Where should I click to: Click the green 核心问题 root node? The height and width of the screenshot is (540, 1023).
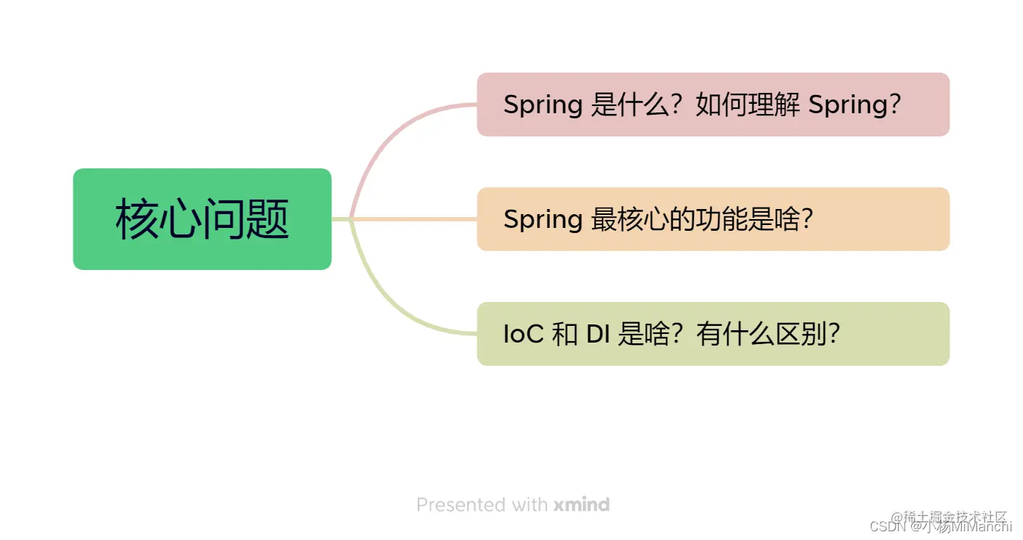pyautogui.click(x=202, y=219)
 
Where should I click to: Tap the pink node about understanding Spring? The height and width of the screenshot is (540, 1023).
pyautogui.click(x=713, y=105)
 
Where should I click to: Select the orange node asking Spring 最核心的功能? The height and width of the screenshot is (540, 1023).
pyautogui.click(x=713, y=219)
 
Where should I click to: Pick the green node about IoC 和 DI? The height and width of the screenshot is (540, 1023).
pyautogui.click(x=713, y=334)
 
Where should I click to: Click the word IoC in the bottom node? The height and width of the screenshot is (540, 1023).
pyautogui.click(x=523, y=334)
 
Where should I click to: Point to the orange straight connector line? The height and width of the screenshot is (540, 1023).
pyautogui.click(x=414, y=218)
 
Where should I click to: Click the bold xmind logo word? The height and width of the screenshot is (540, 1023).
pyautogui.click(x=581, y=504)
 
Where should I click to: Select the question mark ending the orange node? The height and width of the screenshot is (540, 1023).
pyautogui.click(x=804, y=219)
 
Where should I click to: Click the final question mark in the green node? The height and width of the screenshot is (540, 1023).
pyautogui.click(x=833, y=334)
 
